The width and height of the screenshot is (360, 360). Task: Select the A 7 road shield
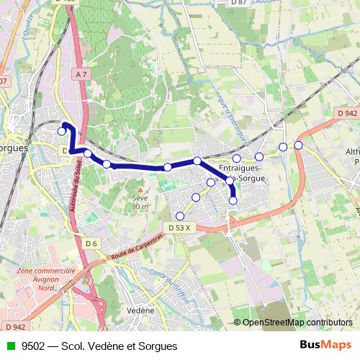pyautogui.click(x=80, y=73)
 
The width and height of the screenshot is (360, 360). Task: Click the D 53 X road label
pyautogui.click(x=179, y=228)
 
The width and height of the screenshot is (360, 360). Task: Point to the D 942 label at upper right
pyautogui.click(x=346, y=113)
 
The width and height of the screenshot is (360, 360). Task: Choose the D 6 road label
pyautogui.click(x=90, y=243)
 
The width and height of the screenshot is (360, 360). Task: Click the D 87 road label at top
pyautogui.click(x=239, y=3)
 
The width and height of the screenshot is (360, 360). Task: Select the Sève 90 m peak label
pyautogui.click(x=140, y=202)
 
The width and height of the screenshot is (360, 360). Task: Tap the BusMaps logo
pyautogui.click(x=326, y=346)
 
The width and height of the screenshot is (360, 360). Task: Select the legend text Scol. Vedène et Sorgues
pyautogui.click(x=120, y=346)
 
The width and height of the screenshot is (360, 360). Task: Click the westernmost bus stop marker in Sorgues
pyautogui.click(x=62, y=131)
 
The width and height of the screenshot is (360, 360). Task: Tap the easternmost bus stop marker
pyautogui.click(x=298, y=145)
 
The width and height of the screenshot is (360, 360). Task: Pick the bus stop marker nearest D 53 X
pyautogui.click(x=180, y=215)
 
